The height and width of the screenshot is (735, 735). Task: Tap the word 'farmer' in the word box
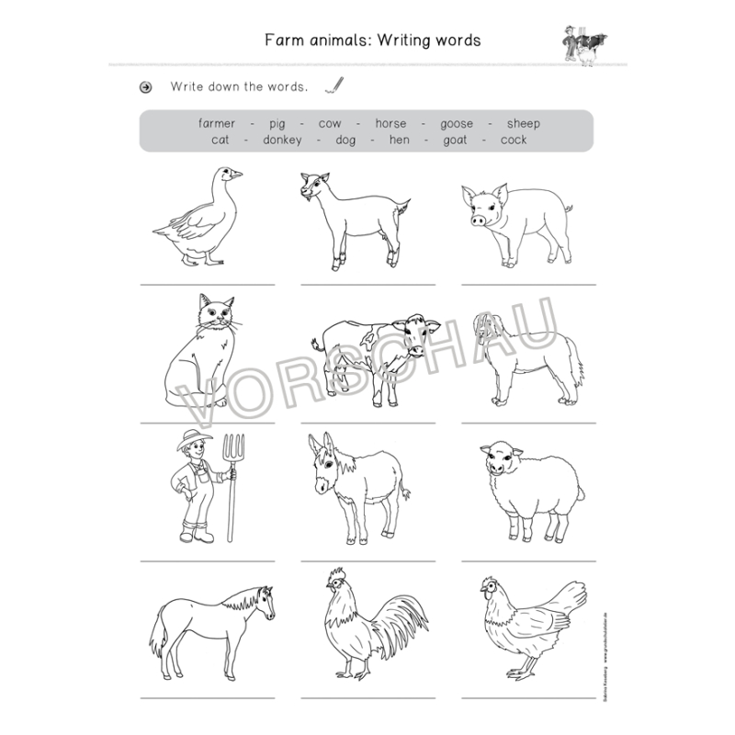click(x=217, y=124)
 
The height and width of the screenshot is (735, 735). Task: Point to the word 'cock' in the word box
click(x=514, y=141)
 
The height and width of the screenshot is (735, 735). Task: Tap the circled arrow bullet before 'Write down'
click(x=145, y=88)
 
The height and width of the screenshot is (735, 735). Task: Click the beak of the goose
click(x=236, y=174)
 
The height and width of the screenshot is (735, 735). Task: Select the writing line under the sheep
click(x=528, y=560)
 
